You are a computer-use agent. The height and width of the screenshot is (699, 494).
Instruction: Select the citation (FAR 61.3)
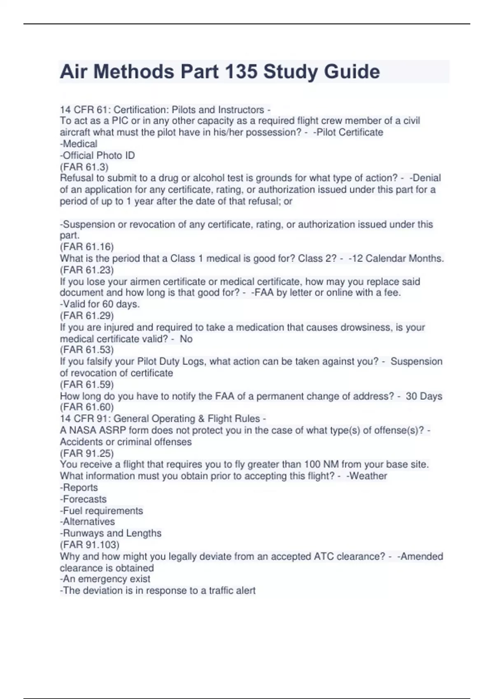(x=84, y=167)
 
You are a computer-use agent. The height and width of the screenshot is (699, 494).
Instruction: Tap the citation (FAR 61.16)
(x=87, y=247)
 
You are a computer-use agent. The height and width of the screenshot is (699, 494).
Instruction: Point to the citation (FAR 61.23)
(x=87, y=270)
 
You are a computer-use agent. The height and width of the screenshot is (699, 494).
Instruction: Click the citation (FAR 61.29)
(x=87, y=315)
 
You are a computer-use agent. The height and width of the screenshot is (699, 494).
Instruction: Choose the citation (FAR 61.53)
(x=87, y=350)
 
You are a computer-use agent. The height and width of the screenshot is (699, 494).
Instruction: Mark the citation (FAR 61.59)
(x=87, y=384)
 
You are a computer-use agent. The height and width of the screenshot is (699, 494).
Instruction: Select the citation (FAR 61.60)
(x=87, y=407)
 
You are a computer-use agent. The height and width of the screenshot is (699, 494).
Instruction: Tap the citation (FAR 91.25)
(x=87, y=453)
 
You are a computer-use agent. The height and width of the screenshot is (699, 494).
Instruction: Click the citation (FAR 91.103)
(x=90, y=545)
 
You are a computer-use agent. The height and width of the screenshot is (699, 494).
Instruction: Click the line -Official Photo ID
(x=98, y=155)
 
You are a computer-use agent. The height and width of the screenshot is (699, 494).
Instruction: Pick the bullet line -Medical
(x=79, y=144)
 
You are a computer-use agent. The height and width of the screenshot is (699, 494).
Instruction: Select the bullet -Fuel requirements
(x=102, y=511)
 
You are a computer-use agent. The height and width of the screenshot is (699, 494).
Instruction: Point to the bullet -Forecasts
(x=84, y=499)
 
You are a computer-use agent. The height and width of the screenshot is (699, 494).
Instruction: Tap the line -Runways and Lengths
(x=111, y=533)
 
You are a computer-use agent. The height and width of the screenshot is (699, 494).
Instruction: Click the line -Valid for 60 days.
(x=100, y=304)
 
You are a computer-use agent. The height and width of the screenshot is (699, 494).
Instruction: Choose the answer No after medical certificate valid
(x=186, y=339)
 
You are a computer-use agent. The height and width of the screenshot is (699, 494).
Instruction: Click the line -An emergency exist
(x=105, y=579)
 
